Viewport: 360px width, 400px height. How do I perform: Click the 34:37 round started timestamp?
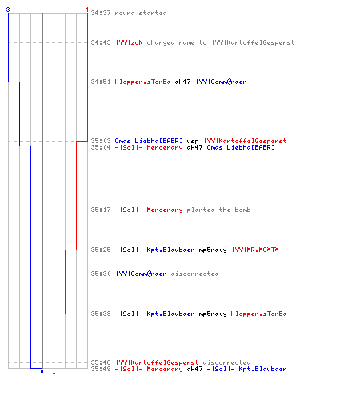101,13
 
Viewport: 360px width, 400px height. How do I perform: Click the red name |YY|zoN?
129,42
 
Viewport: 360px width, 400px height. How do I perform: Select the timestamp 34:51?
101,82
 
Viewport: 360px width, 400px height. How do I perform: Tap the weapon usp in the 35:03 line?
193,141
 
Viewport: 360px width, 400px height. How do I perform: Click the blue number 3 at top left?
8,10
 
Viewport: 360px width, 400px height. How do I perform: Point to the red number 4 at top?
87,10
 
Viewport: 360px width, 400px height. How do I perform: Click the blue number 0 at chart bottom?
42,371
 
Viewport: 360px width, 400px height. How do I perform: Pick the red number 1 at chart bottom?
54,371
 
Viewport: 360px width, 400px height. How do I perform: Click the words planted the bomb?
218,210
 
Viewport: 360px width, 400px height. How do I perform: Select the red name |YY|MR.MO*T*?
255,250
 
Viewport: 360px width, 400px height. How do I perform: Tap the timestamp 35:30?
101,274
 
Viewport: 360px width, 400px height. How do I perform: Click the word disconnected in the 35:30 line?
194,274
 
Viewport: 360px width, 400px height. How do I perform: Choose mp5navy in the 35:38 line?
213,314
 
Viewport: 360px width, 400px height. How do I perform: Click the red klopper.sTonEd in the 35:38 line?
258,314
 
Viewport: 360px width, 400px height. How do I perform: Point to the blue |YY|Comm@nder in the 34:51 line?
221,82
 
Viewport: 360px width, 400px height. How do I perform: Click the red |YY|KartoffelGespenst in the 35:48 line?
157,362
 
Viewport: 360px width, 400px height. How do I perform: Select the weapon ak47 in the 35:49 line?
194,369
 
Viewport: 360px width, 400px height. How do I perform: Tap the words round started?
141,13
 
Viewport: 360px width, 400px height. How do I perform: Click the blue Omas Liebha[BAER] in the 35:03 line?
149,141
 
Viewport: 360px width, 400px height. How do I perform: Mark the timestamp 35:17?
101,210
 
